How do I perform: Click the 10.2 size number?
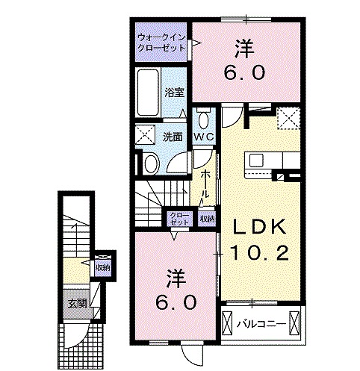261,254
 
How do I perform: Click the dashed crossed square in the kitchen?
288,118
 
